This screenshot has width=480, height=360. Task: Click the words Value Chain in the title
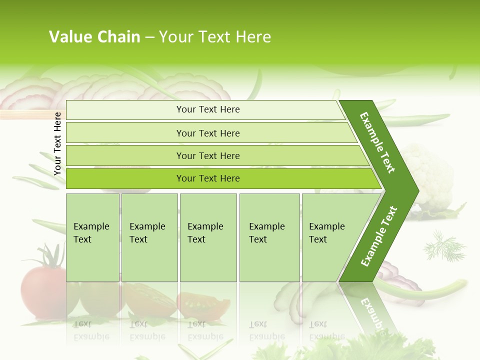pos(94,37)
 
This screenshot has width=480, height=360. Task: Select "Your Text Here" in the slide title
pos(215,37)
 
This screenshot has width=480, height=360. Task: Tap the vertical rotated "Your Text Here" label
pos(57,143)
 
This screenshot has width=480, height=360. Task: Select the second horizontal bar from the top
pos(207,133)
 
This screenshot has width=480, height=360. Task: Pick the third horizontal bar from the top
pos(207,155)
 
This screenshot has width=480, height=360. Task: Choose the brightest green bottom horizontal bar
pos(207,178)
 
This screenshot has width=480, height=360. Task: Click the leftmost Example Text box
pos(92,237)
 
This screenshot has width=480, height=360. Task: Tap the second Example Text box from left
pos(149,237)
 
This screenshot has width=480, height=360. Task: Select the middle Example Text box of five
pos(208,237)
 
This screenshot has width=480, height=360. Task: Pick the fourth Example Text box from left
pos(269,237)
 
